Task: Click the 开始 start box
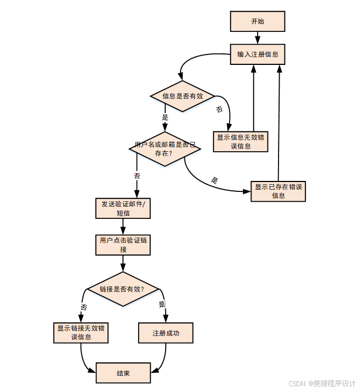(x=257, y=21)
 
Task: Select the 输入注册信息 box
(x=257, y=54)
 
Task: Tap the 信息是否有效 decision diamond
(x=182, y=96)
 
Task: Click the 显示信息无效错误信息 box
(x=241, y=141)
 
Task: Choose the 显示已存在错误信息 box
(x=278, y=191)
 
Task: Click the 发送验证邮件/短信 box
(x=123, y=208)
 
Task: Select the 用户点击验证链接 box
(x=123, y=245)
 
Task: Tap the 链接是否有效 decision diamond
(x=122, y=289)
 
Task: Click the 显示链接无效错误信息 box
(x=81, y=333)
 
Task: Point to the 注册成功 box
(x=166, y=333)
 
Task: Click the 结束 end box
(x=123, y=373)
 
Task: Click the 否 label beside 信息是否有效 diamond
(x=219, y=109)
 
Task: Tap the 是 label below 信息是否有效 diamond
(x=165, y=117)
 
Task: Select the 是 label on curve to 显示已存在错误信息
(x=215, y=180)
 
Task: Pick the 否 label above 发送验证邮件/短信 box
(x=137, y=176)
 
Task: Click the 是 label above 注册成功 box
(x=162, y=304)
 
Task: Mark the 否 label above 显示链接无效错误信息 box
(x=84, y=307)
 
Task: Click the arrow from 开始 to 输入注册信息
(x=257, y=38)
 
